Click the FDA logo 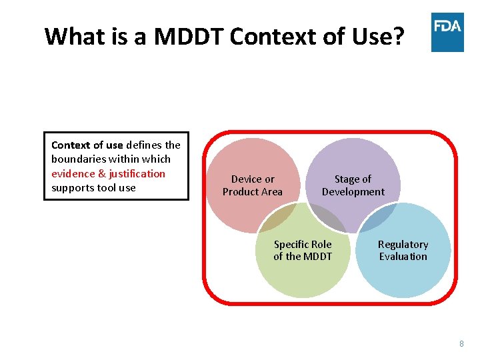[x=447, y=32]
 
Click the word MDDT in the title [x=189, y=36]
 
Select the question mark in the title [x=398, y=36]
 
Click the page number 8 [x=461, y=344]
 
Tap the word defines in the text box [x=144, y=145]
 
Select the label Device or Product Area [x=253, y=185]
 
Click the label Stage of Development [x=353, y=185]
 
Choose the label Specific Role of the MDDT [x=303, y=251]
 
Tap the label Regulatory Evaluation [x=403, y=251]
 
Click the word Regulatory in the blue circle [x=403, y=245]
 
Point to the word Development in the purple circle [x=353, y=192]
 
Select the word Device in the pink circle [x=243, y=179]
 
